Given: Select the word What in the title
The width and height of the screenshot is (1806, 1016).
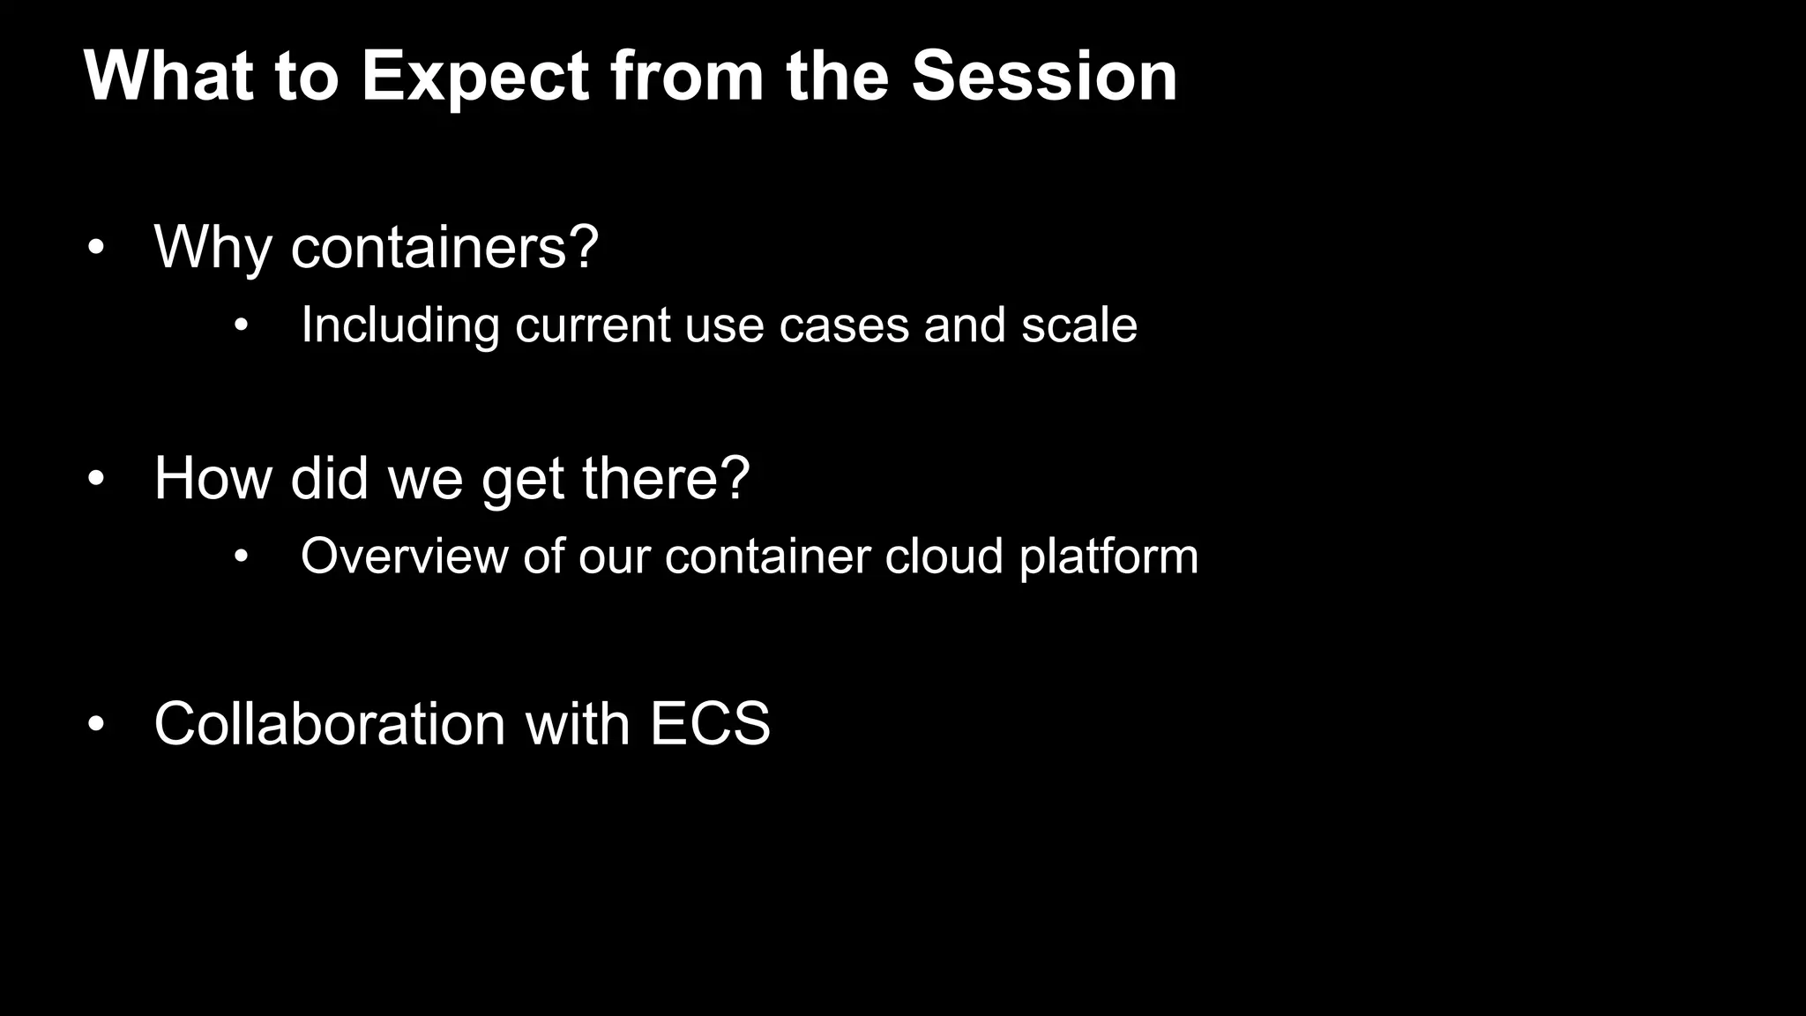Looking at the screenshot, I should [168, 76].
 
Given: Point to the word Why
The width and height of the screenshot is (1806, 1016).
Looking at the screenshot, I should [213, 249].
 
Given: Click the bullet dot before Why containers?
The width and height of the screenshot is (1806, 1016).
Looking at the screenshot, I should [96, 250].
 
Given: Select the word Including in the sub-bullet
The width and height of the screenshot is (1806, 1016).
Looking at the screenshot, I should [400, 325].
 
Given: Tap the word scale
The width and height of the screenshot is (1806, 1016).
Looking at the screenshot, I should [1078, 325].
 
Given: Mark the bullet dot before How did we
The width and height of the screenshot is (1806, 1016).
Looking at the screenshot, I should [96, 481].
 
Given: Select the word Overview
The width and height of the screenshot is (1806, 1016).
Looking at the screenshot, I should [404, 557].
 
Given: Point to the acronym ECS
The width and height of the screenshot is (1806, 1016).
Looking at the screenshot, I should [709, 724].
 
